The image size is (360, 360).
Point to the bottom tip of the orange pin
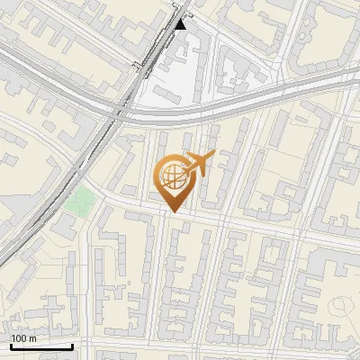pos(172,211)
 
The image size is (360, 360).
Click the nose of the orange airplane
pos(213,155)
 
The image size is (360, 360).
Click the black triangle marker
pos(180,24)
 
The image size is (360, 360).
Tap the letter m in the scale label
pos(32,338)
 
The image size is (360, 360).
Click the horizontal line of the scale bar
pos(41,346)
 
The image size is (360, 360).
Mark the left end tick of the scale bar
pos(11,346)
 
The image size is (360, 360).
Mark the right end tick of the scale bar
pos(73,346)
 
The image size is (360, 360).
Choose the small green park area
pos(79,201)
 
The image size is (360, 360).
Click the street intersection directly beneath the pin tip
pos(171,217)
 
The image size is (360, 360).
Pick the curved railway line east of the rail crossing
pos(234,106)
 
